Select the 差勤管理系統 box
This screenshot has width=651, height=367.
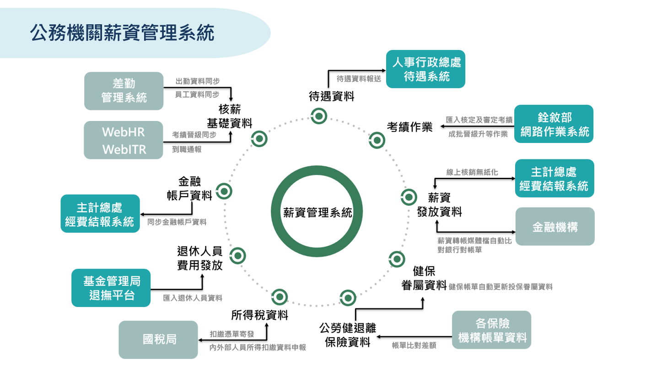[x=124, y=91]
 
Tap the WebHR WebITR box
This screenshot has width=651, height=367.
[x=124, y=140]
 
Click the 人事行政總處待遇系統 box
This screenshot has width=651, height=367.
[x=425, y=69]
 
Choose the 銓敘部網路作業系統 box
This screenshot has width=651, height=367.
[x=554, y=124]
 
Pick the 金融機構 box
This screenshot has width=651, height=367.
[x=555, y=226]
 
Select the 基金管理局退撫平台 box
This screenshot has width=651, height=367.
[x=111, y=288]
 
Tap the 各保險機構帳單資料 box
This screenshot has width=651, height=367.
[x=492, y=330]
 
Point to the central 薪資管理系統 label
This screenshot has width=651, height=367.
[x=317, y=213]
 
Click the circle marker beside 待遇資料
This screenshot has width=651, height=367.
[x=318, y=116]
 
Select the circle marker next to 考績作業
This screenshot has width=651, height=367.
[x=377, y=140]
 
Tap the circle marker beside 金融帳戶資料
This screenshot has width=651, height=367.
[x=224, y=191]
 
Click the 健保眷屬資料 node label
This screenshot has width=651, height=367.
[x=423, y=278]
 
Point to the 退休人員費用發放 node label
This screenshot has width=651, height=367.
[x=199, y=258]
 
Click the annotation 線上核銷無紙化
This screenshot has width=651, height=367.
[x=472, y=172]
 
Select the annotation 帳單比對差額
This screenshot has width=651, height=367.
[x=414, y=345]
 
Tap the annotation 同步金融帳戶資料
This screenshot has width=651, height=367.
[x=177, y=222]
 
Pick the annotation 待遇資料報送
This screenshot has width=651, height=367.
[x=359, y=79]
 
